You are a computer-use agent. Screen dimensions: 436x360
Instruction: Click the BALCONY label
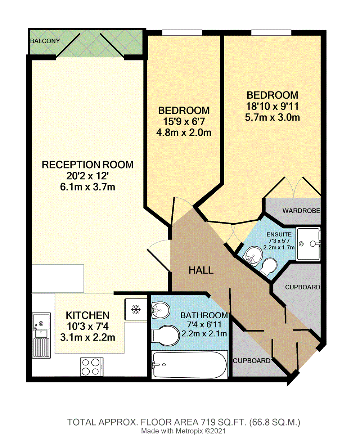45,41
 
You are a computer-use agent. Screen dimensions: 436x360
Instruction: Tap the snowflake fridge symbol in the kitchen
135,309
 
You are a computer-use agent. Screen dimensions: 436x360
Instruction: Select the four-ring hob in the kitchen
92,367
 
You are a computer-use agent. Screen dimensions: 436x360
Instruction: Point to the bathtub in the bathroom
189,364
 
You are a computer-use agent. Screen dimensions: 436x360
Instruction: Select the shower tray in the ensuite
308,244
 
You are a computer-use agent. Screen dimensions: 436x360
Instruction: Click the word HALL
201,270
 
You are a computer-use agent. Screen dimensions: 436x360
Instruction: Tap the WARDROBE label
301,211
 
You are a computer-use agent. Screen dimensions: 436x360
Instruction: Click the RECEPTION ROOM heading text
87,165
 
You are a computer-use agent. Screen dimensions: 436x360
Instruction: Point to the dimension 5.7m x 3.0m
272,117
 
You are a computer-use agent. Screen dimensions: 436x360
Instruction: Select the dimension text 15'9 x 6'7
184,122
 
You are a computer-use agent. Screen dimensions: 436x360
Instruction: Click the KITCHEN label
87,315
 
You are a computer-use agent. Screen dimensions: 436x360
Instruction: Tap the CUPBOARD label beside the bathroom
251,361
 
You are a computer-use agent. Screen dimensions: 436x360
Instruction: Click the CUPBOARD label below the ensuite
302,287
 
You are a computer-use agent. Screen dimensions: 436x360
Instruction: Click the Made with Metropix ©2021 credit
183,431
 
